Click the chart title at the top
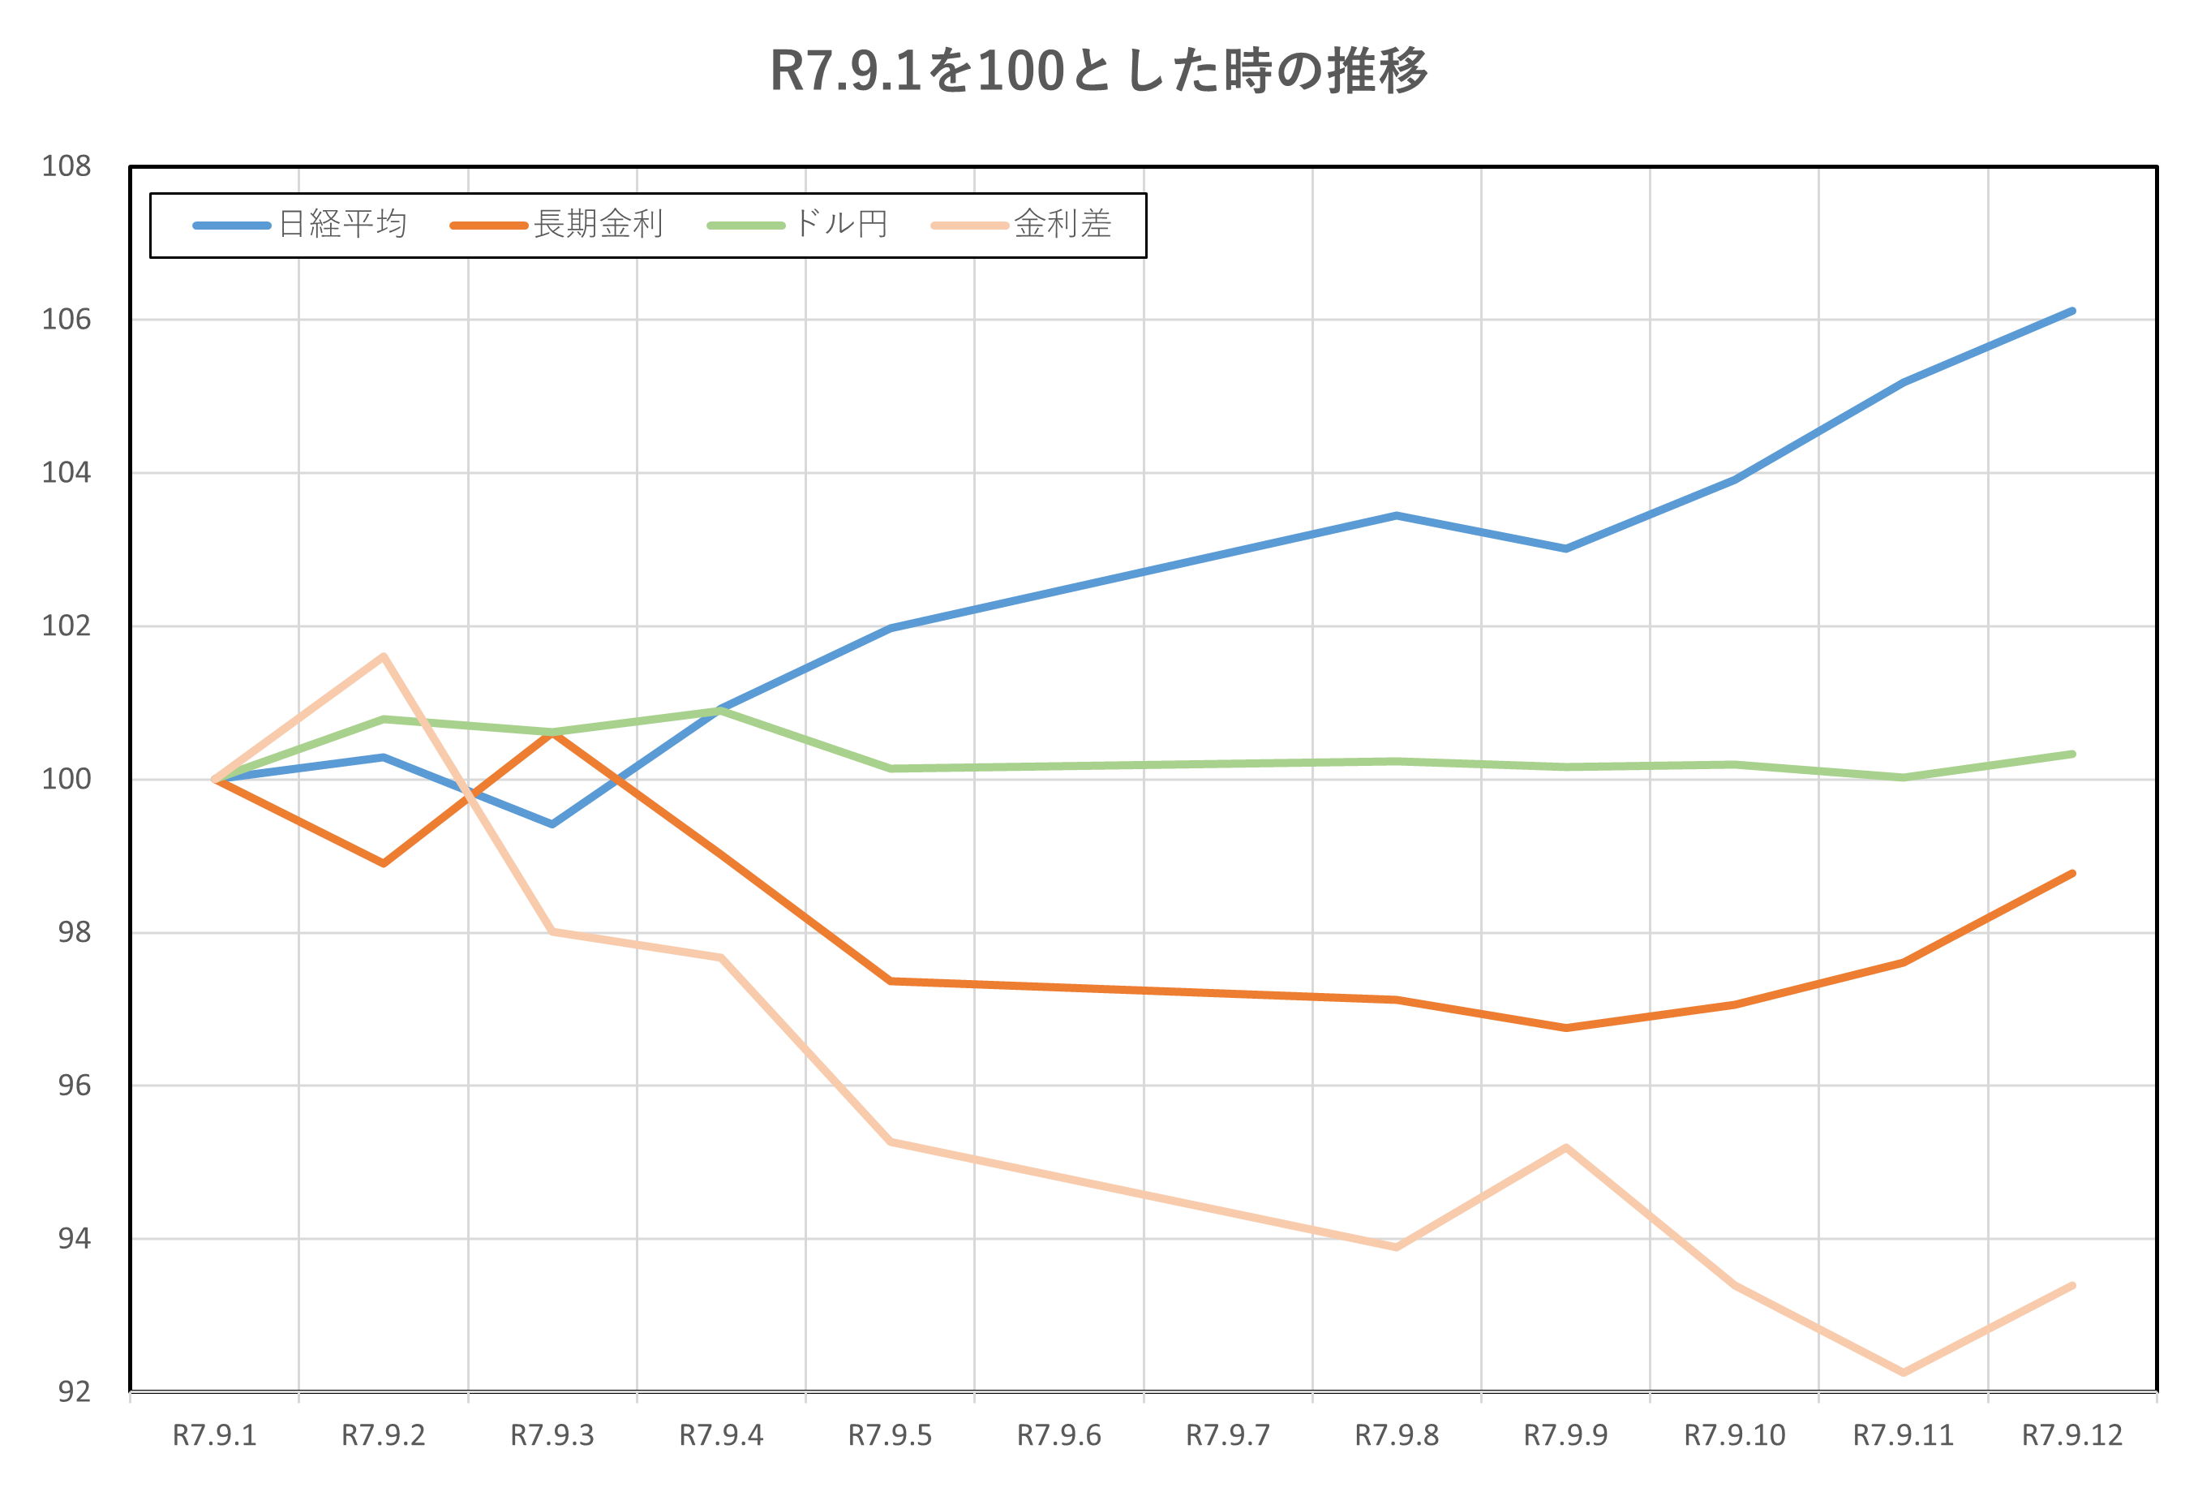1098,71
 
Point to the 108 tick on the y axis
67,166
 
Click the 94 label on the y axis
74,1238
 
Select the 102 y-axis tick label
67,626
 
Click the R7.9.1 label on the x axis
215,1436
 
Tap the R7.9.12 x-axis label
2072,1436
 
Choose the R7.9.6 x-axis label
1059,1436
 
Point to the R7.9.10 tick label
1735,1436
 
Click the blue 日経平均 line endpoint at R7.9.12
2071,312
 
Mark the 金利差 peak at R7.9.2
384,656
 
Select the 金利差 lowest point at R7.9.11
1903,1372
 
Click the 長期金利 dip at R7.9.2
384,863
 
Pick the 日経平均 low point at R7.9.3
552,824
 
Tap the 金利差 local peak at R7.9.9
1566,1148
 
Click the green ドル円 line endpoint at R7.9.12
2071,754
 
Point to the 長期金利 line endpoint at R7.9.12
2071,873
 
